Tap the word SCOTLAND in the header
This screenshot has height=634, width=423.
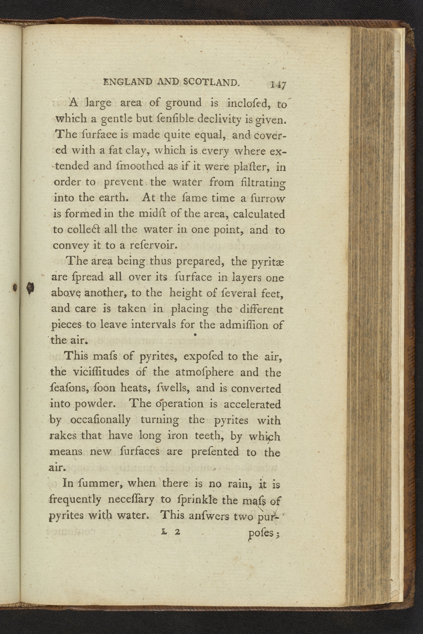coord(211,82)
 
